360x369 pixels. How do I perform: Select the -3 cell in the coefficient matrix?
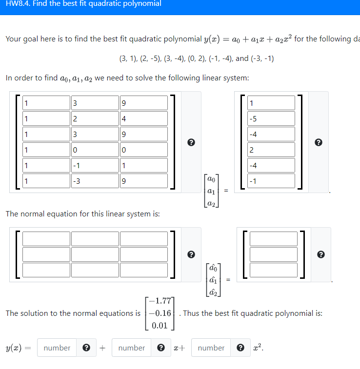[94, 181]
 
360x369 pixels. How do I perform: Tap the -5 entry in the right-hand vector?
[271, 118]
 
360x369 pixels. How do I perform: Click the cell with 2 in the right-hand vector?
[271, 150]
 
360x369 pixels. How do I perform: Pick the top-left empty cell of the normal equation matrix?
[46, 239]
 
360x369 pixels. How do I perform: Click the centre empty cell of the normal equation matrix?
[95, 254]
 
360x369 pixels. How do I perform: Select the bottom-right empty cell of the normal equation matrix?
[143, 270]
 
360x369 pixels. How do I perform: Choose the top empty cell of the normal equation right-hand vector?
[271, 239]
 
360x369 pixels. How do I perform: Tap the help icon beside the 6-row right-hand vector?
[319, 142]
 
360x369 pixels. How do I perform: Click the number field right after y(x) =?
[57, 348]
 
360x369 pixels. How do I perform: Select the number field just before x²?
[211, 348]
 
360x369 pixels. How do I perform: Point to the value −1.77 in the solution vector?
[160, 300]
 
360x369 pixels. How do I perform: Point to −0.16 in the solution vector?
[160, 313]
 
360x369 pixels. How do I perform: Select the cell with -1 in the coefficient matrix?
[94, 166]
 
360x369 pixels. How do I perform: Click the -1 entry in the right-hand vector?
[271, 181]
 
